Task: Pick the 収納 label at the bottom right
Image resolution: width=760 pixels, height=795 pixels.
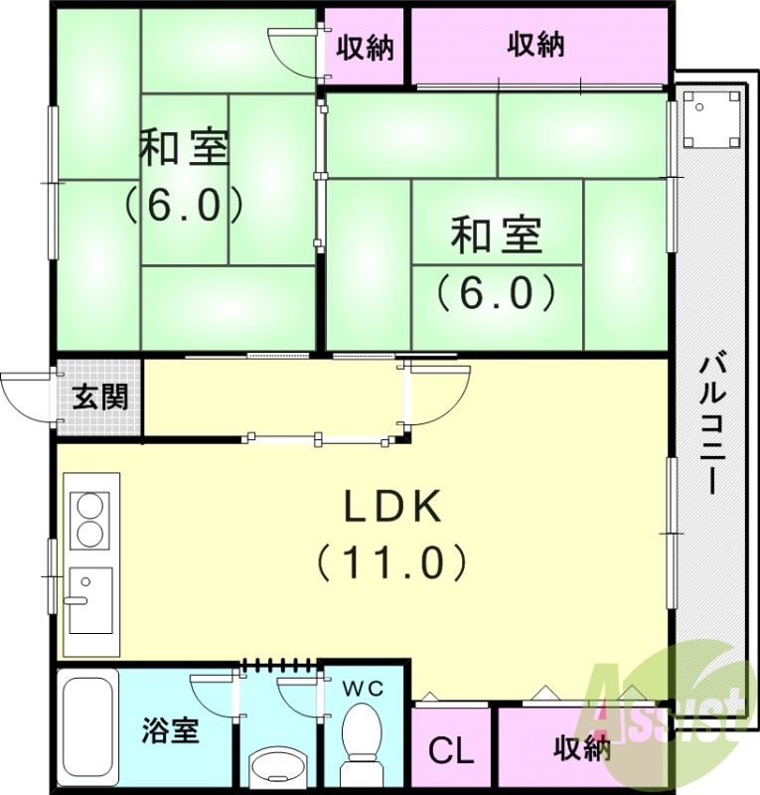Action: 582,748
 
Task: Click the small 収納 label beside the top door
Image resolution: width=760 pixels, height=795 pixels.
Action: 365,47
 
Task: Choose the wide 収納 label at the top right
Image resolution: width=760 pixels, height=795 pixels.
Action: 536,45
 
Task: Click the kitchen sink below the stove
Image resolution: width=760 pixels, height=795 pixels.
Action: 89,600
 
